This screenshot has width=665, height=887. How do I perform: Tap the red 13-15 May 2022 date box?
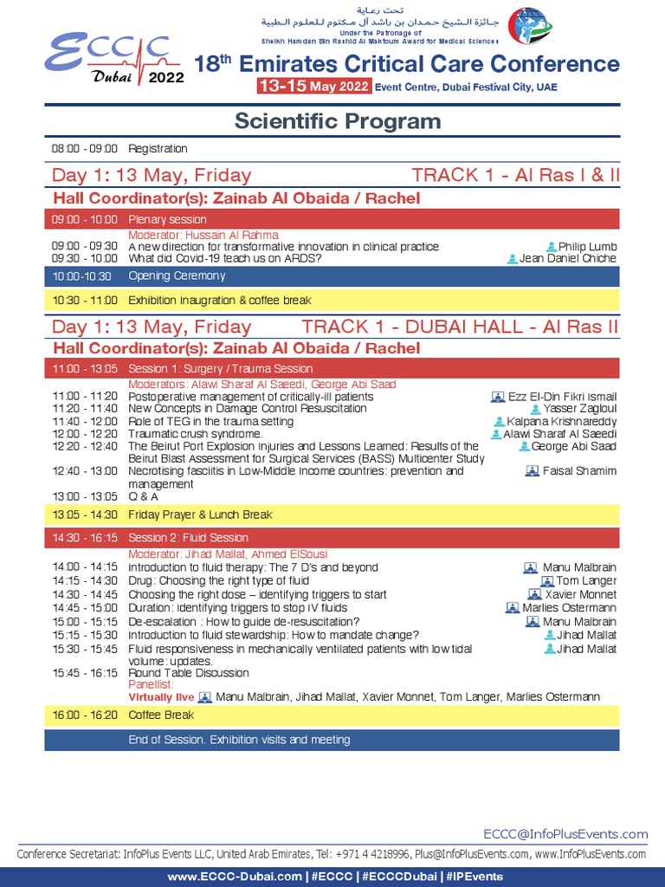tap(314, 87)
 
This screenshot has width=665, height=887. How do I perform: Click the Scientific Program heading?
tap(338, 121)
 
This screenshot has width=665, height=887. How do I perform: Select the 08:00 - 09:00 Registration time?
tap(84, 149)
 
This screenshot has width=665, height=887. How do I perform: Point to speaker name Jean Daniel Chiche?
tap(568, 258)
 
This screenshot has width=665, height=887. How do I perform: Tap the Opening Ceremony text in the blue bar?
tap(177, 276)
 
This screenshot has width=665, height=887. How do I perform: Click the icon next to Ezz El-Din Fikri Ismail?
tap(498, 398)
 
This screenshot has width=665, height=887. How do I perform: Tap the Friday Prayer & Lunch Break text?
tap(200, 515)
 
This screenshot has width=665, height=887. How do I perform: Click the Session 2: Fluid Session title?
tap(188, 538)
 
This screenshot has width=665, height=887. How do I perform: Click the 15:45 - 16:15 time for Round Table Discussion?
tap(84, 673)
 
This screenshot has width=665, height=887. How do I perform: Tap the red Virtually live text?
tap(161, 697)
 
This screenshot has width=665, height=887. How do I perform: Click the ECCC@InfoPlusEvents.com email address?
tap(565, 834)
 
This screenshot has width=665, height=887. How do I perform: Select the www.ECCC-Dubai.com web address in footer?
tap(223, 877)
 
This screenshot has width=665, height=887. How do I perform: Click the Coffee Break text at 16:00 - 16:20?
tap(161, 715)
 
